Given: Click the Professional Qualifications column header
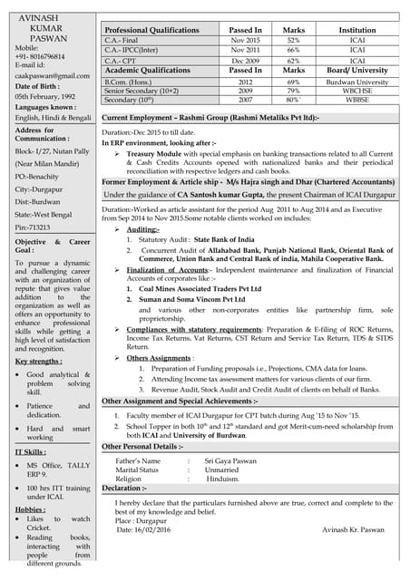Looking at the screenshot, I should [x=151, y=30].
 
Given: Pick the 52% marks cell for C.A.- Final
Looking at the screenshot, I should [x=294, y=41].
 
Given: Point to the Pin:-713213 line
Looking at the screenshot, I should [x=34, y=227].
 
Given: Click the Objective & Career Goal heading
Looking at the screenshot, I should [x=53, y=249].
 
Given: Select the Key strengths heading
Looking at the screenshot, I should [x=39, y=361].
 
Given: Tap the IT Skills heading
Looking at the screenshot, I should [x=31, y=450].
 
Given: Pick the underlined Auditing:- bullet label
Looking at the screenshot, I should [x=143, y=230].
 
